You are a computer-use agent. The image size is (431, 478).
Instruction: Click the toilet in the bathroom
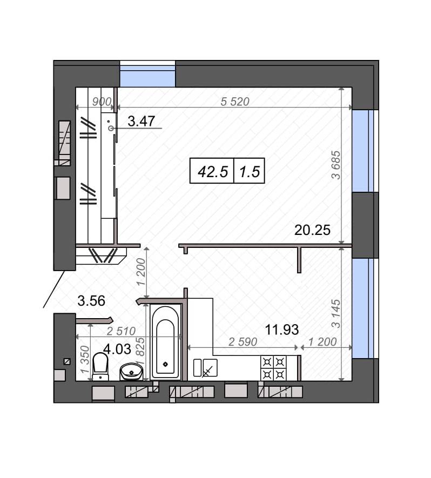(x=100, y=366)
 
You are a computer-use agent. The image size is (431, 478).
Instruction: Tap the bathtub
(x=165, y=342)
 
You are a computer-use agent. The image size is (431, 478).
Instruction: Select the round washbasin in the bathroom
(x=131, y=372)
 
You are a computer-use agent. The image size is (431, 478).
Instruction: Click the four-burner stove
(x=273, y=368)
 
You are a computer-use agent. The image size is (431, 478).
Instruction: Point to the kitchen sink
(x=205, y=368)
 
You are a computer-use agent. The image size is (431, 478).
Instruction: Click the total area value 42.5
(x=213, y=172)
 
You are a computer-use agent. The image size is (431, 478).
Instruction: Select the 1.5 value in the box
(x=250, y=172)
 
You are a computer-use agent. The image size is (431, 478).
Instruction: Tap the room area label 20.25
(x=312, y=230)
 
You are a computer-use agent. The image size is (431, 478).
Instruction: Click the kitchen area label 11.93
(x=282, y=329)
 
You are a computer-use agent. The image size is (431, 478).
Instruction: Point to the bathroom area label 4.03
(x=117, y=349)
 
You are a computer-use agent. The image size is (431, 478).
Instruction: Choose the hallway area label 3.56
(x=91, y=301)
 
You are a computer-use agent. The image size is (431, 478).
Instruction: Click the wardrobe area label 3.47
(x=142, y=122)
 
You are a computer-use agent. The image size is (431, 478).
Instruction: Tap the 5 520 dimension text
(x=235, y=102)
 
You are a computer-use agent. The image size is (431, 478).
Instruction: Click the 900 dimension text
(x=102, y=102)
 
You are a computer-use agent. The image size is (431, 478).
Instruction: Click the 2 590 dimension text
(x=243, y=342)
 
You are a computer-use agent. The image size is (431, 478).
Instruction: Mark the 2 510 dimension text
(x=121, y=331)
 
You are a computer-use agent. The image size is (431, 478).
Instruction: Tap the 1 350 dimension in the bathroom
(x=85, y=359)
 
